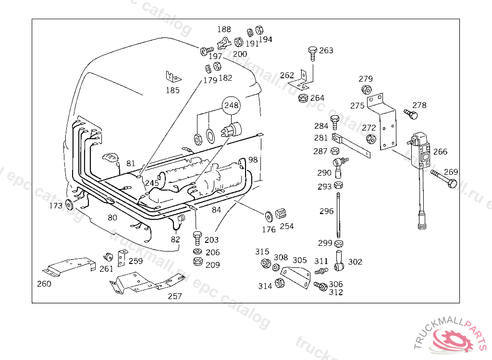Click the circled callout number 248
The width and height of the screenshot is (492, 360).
point(231,106)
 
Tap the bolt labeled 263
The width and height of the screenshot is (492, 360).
point(312,54)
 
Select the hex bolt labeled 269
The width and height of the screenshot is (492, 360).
point(443,178)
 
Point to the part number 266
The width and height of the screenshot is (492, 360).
point(440,152)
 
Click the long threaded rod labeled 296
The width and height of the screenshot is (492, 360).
point(338,216)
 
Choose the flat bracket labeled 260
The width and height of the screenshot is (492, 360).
point(69,266)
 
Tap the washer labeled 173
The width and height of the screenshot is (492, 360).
point(69,204)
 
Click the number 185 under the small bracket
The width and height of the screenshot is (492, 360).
point(172,90)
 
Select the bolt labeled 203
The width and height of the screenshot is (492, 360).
point(197,239)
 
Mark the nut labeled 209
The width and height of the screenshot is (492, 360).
point(198,261)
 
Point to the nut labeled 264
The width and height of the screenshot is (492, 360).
point(303,98)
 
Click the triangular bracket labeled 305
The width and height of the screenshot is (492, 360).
point(295,277)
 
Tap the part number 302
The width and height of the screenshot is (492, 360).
point(355,262)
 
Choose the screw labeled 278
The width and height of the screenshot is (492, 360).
point(411,114)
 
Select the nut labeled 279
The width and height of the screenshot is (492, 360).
point(367,90)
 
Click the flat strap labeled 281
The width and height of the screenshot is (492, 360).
point(351,145)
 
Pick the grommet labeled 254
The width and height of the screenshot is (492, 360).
point(281,214)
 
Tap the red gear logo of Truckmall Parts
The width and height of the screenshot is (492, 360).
point(452,340)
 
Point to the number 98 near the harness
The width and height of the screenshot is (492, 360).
point(253,160)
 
